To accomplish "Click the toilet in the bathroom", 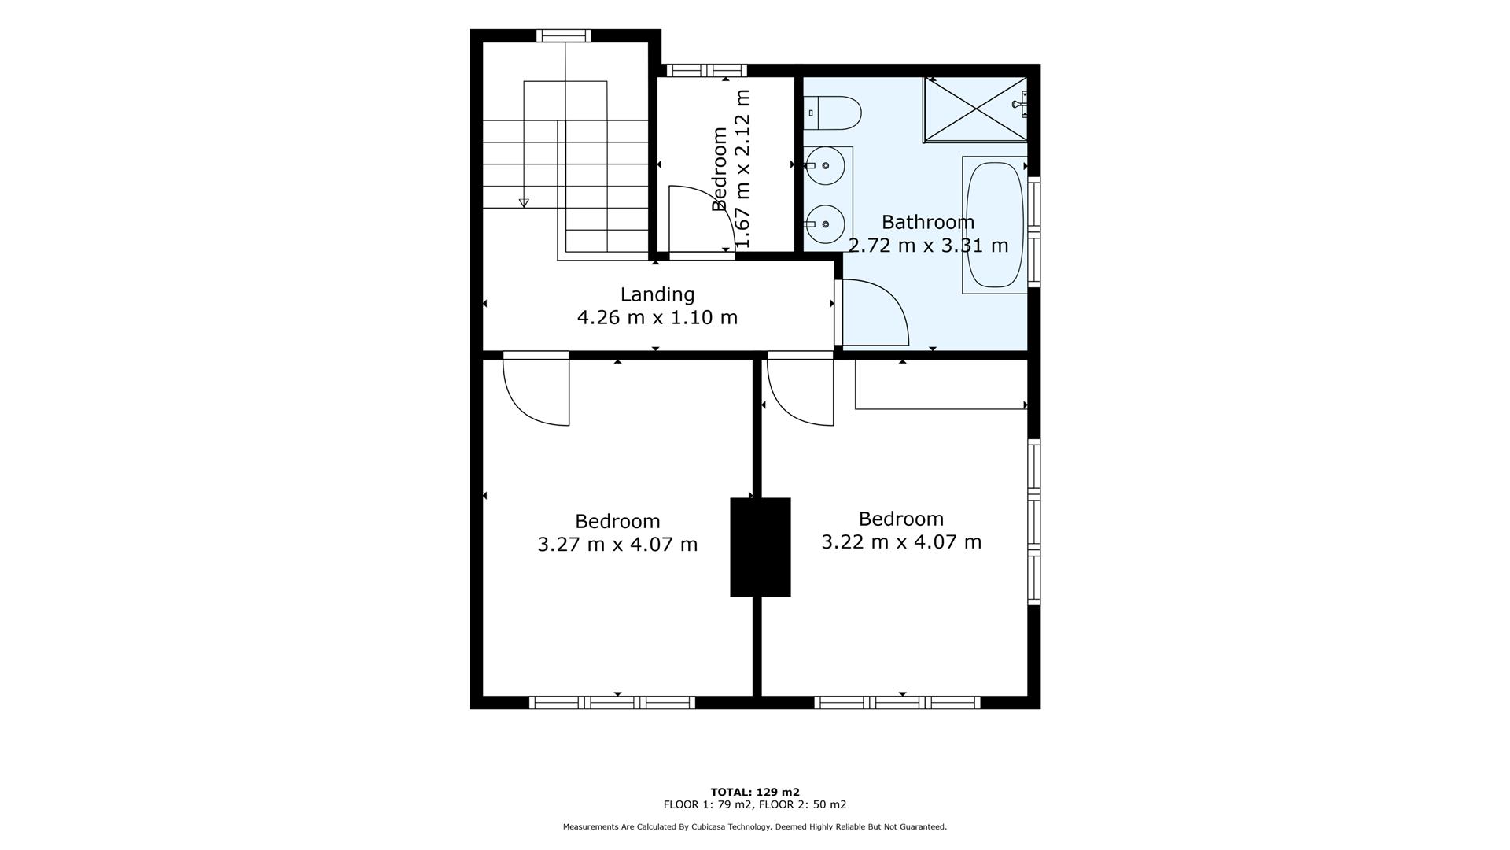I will point(834,113).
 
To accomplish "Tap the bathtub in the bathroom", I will point(994,225).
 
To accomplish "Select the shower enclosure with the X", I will point(975,109).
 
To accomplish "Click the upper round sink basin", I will point(825,166).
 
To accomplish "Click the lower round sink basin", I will point(825,224).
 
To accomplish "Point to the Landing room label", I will point(657,294).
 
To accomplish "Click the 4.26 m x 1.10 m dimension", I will point(657,318).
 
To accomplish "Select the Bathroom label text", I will point(928,222).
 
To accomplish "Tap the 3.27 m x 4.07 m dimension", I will point(617,545).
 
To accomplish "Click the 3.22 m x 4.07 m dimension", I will point(901,542).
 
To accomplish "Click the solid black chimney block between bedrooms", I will point(760,547).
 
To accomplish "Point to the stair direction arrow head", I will point(524,203).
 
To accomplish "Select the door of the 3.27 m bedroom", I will point(536,390).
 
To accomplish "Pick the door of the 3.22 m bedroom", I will point(801,390).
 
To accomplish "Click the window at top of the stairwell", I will point(564,35).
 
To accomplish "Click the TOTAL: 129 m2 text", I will point(755,792).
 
